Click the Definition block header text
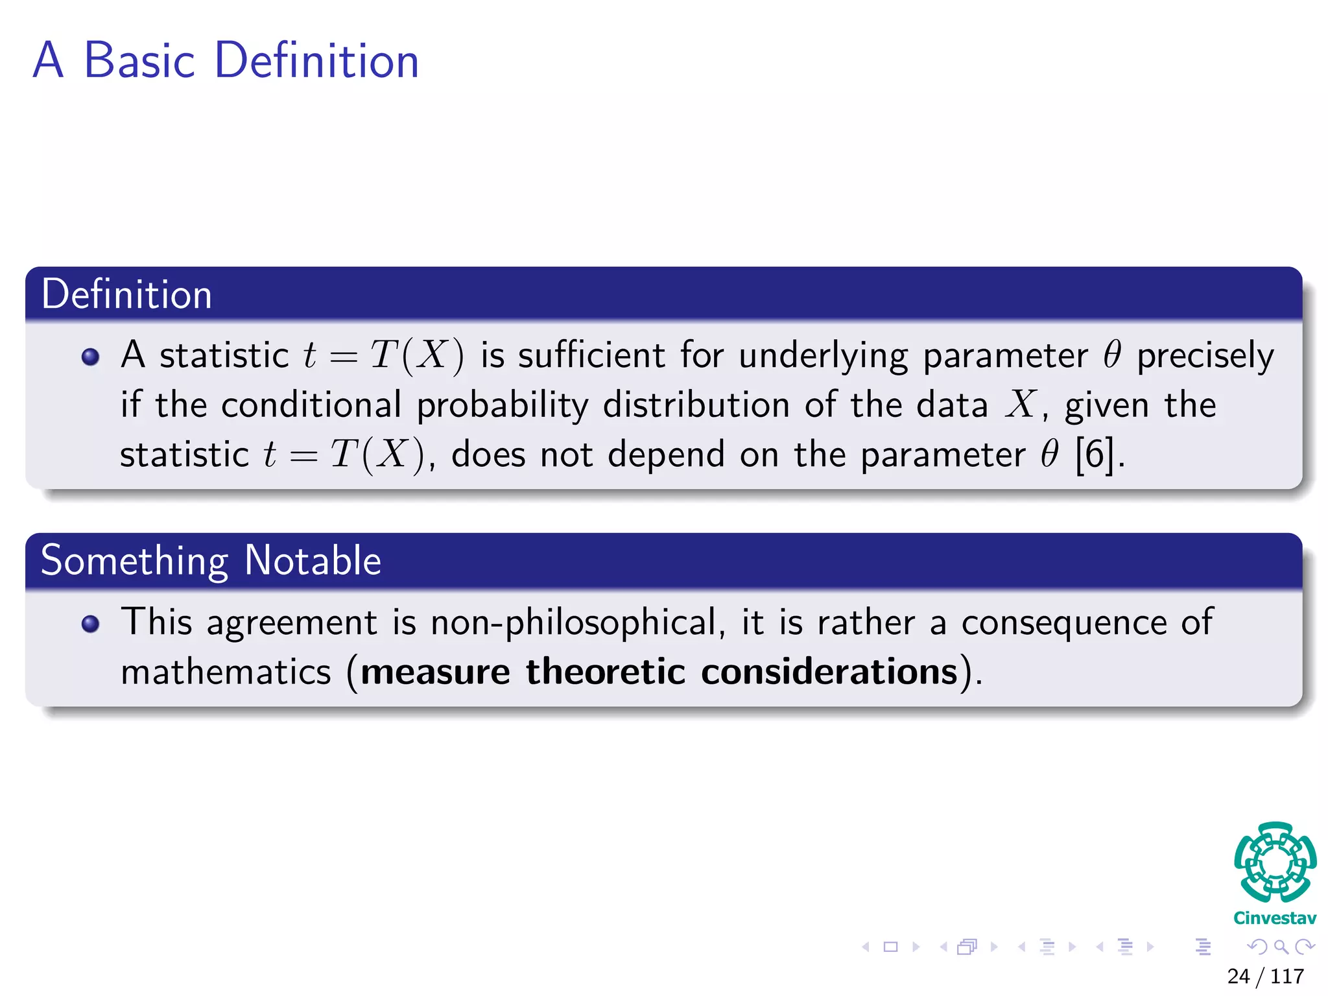[127, 294]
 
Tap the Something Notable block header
[211, 560]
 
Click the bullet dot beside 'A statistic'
[91, 357]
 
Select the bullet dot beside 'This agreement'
[91, 624]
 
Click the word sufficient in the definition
[591, 355]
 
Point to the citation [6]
[1095, 454]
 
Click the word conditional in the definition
[311, 405]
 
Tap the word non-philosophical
[574, 622]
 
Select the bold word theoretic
[605, 672]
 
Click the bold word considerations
[829, 672]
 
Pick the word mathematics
[226, 672]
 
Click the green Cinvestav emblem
[1275, 862]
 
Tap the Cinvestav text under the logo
[1275, 918]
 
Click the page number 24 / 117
[1265, 977]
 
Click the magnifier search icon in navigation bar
[1281, 947]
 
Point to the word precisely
[1205, 357]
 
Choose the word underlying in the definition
[823, 357]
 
